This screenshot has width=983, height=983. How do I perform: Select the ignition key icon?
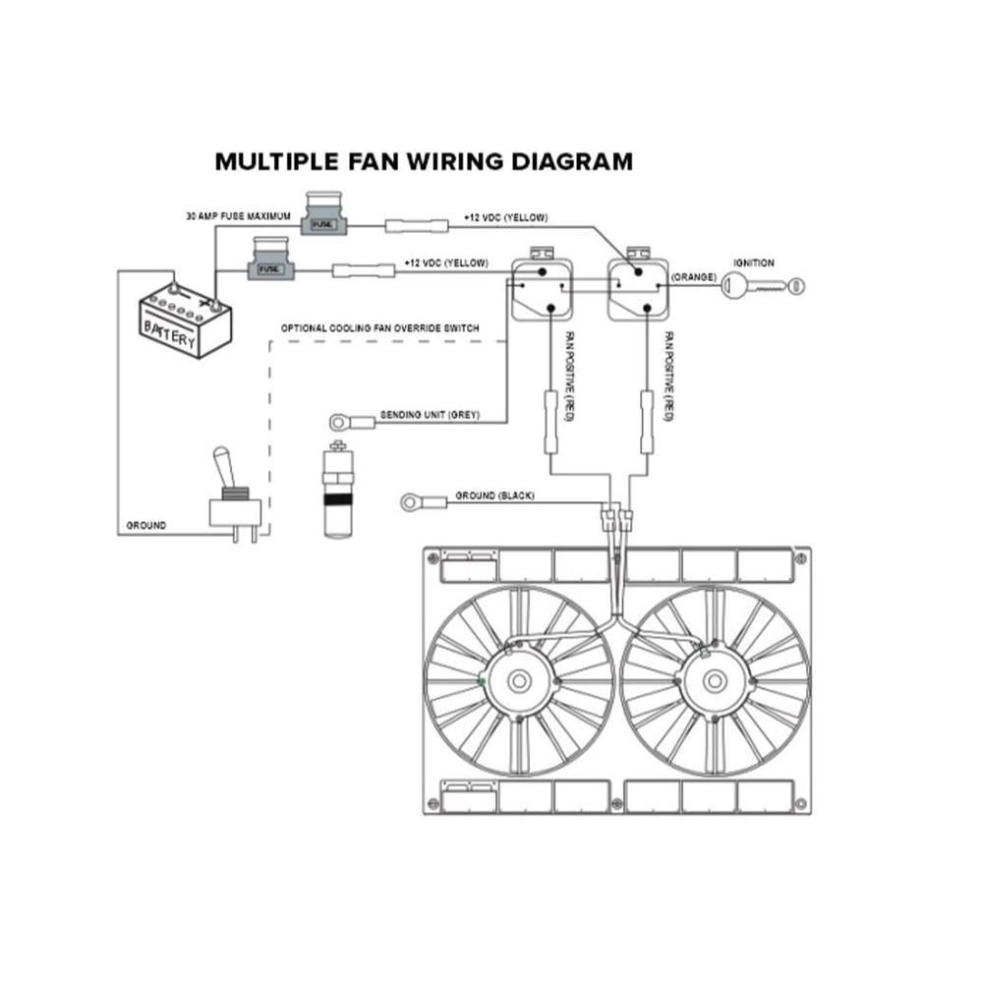(x=763, y=285)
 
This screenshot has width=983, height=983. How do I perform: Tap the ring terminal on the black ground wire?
(x=413, y=502)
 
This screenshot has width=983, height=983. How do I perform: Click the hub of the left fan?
(x=518, y=681)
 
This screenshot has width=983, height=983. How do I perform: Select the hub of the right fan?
(x=716, y=681)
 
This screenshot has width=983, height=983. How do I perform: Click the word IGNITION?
(x=754, y=263)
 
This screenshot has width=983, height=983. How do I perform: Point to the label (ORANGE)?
(x=695, y=278)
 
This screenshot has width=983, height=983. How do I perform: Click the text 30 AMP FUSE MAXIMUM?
(x=238, y=214)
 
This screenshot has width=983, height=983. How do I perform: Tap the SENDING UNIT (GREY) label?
(x=429, y=416)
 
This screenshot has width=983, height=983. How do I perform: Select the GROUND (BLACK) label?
(x=494, y=496)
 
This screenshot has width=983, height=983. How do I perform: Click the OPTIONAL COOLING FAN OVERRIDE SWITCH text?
(x=380, y=327)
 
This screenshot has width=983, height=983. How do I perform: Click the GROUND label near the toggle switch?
(x=146, y=526)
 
